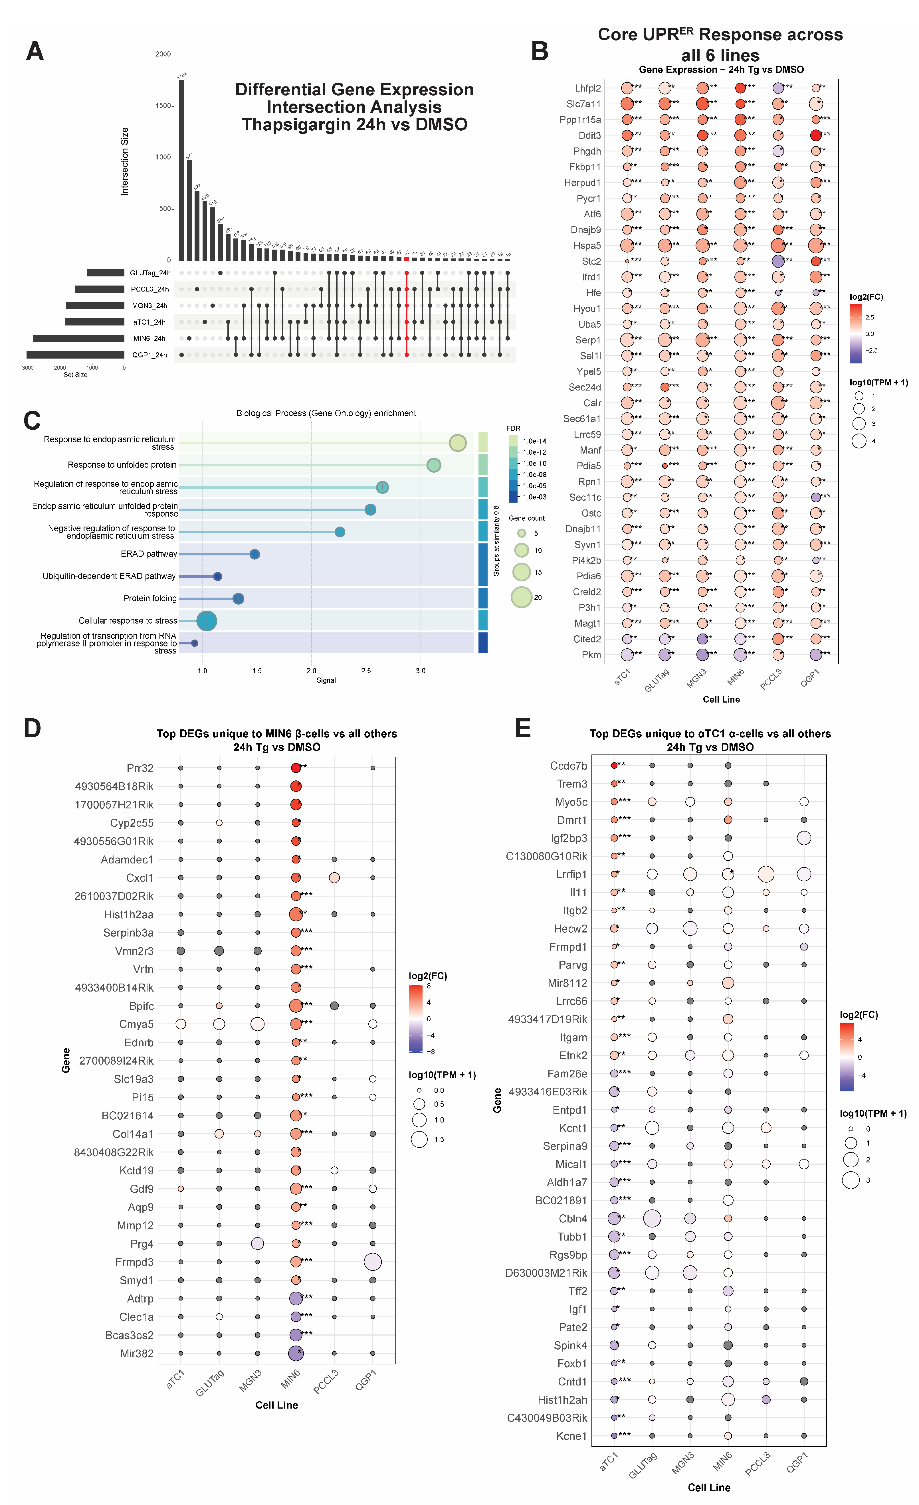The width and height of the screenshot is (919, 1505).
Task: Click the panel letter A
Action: tap(35, 51)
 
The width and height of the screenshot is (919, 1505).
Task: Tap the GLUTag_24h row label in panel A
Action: tap(150, 273)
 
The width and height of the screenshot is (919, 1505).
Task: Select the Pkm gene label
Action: tap(591, 655)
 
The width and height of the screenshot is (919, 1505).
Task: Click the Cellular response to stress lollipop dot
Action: tap(207, 620)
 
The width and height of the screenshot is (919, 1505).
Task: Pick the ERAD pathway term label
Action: tap(148, 554)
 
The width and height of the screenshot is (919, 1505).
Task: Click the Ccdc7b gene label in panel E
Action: tap(568, 765)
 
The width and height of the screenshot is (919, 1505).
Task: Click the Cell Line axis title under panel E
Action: tap(709, 1487)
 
